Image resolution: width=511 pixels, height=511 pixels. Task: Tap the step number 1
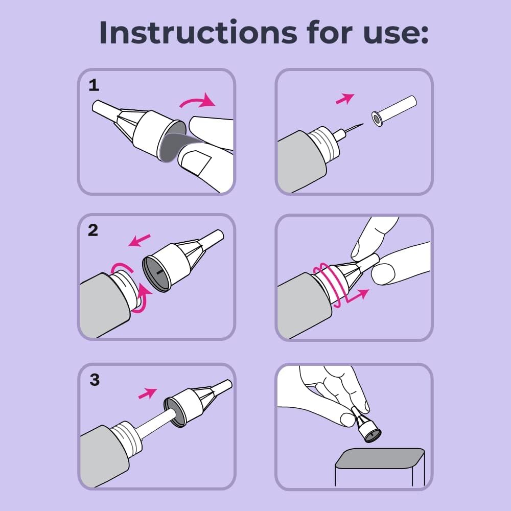(94, 85)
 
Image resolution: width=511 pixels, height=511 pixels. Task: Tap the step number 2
(93, 230)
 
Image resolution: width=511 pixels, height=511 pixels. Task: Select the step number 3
(94, 380)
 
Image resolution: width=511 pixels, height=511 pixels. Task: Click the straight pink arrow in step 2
(140, 239)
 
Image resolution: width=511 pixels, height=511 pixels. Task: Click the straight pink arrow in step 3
(148, 392)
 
